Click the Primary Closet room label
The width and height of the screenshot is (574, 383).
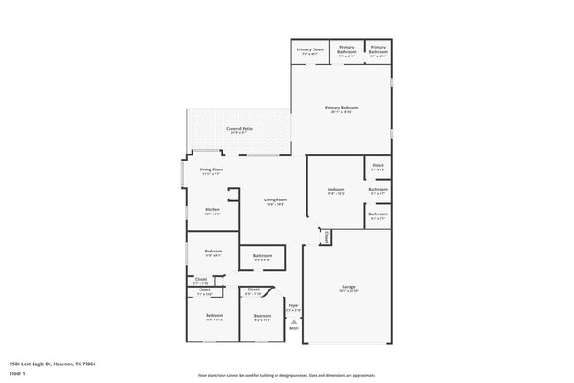pos(310,49)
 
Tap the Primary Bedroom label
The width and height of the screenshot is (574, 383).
pos(341,108)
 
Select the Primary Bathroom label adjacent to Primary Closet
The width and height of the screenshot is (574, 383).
pos(347,49)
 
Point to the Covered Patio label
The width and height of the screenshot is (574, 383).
pos(239,129)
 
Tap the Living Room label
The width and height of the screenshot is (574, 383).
pos(276,199)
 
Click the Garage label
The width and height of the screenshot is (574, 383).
pos(349,287)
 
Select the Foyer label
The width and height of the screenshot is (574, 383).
pos(294,305)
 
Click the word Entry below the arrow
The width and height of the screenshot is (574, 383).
pos(294,330)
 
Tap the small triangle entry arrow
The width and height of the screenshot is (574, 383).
pos(294,322)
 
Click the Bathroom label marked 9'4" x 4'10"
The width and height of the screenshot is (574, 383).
pos(262,256)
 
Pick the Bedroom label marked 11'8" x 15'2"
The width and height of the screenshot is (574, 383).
pos(336,189)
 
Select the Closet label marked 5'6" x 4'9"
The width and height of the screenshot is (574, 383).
pos(378,165)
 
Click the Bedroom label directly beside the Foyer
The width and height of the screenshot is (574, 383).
pos(262,315)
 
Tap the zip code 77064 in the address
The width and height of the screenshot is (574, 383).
pos(89,364)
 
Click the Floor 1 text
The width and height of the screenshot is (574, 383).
pos(18,373)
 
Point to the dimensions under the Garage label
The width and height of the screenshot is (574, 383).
pos(349,292)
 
